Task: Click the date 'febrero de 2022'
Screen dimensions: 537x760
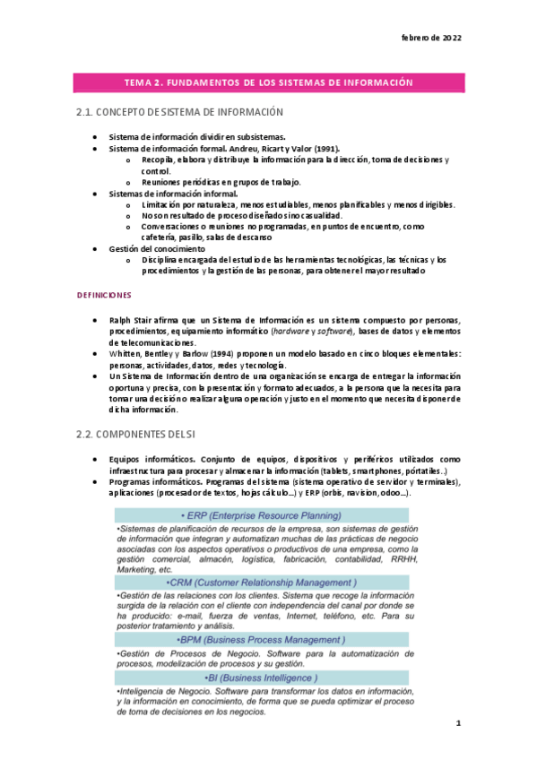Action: coord(430,39)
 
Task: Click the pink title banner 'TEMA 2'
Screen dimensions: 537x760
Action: coord(268,82)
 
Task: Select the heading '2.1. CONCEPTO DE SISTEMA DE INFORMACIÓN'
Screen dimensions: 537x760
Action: coord(179,112)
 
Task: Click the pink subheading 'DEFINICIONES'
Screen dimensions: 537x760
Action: coord(104,294)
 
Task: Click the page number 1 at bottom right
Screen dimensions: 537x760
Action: coord(457,721)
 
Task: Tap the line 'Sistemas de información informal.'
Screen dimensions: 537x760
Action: coord(173,194)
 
